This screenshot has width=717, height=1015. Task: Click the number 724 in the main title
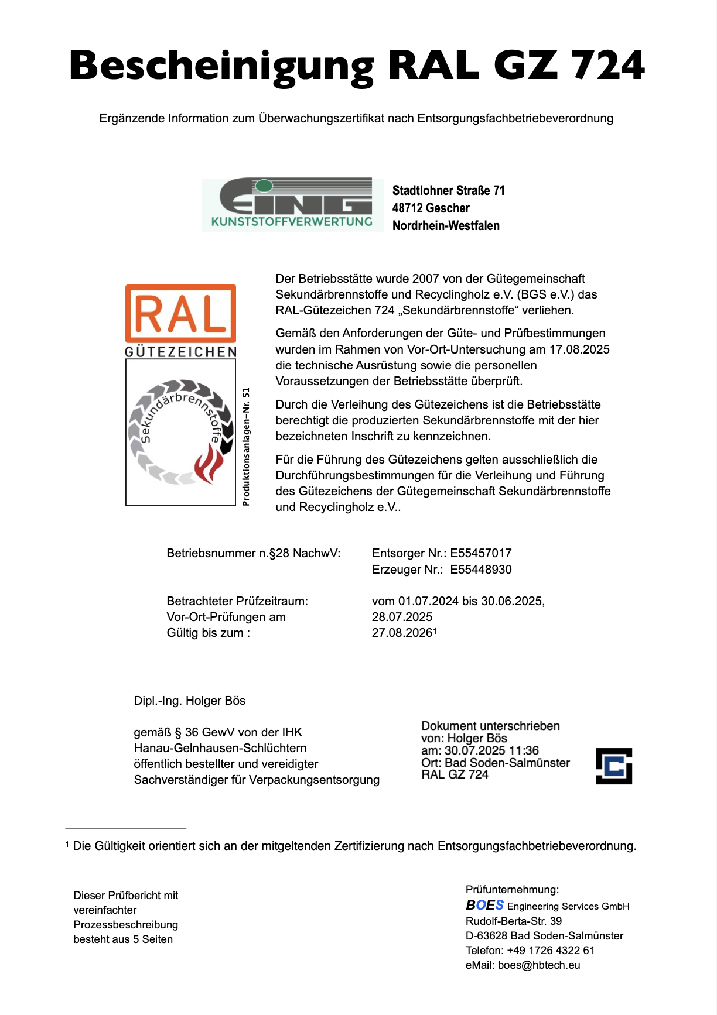pos(608,66)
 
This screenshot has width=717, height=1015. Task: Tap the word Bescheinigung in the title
pos(221,67)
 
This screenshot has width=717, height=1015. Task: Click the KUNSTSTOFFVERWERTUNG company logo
pos(293,205)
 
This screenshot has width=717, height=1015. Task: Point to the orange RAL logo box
pos(180,313)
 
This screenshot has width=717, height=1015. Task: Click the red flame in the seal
pos(208,462)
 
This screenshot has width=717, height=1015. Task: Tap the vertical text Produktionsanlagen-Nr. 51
pos(246,446)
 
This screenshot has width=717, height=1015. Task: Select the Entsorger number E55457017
pos(481,553)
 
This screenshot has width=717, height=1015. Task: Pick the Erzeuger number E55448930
pos(481,570)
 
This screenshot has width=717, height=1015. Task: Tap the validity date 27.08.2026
pos(402,633)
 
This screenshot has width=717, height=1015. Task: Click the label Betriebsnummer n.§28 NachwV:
pos(253,553)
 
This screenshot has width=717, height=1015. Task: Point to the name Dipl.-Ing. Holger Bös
pos(190,701)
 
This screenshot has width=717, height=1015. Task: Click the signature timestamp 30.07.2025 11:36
pos(491,750)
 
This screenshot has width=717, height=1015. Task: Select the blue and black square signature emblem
pos(613,766)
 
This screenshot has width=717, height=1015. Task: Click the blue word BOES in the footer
pos(484,905)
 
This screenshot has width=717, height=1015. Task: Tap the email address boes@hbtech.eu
pos(539,965)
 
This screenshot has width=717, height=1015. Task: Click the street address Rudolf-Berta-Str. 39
pos(514,921)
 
